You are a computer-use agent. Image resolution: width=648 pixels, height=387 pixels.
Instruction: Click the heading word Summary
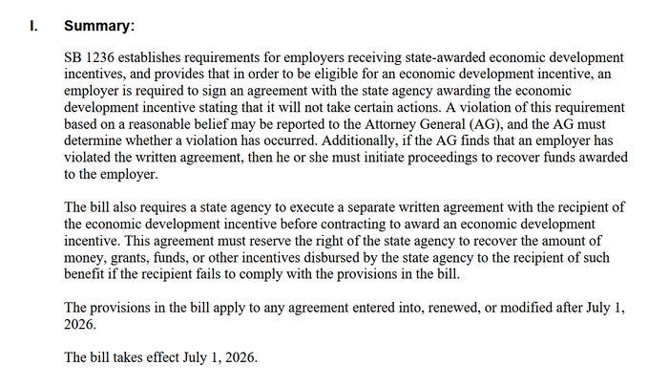point(99,27)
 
